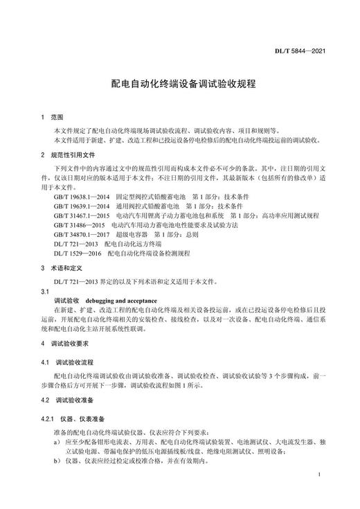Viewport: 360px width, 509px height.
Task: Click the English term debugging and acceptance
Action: pyautogui.click(x=115, y=302)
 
